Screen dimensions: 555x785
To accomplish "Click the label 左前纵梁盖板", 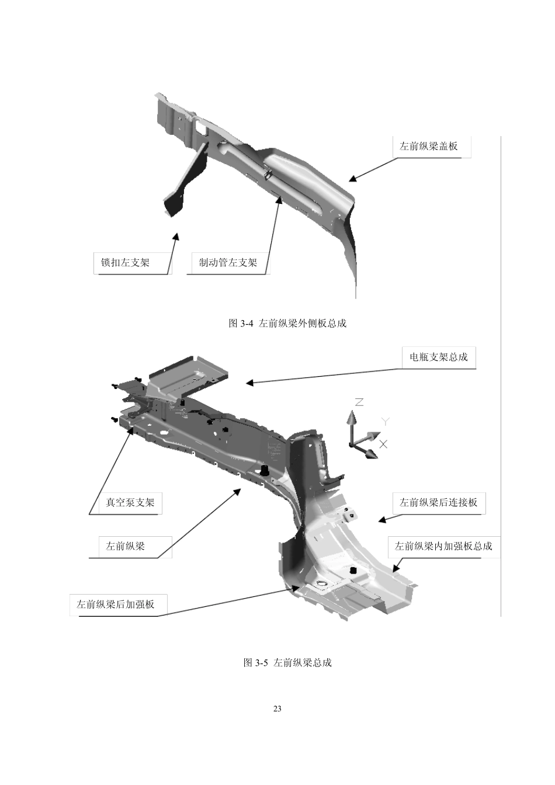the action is click(x=428, y=146).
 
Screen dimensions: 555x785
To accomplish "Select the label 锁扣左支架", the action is click(x=125, y=262).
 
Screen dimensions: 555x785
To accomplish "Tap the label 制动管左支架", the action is click(x=228, y=262).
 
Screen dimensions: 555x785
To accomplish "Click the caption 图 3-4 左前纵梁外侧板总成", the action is click(x=287, y=323).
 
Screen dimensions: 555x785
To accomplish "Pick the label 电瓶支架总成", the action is click(x=439, y=357).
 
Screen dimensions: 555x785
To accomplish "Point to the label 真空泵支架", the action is click(x=130, y=502).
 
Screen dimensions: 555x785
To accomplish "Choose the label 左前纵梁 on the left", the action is click(x=125, y=546).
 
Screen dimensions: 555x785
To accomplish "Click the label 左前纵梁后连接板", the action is click(x=438, y=502).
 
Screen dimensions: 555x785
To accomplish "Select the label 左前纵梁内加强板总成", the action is click(x=443, y=546).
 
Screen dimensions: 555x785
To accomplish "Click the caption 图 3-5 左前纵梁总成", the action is click(x=287, y=663).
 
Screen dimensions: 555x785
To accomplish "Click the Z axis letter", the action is click(x=359, y=402).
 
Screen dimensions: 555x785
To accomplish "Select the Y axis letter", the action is click(x=386, y=422).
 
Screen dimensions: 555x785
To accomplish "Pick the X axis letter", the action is click(x=384, y=444).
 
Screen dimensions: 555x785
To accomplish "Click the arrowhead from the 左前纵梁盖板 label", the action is click(x=352, y=178).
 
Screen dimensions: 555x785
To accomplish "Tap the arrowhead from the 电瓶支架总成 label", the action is click(x=249, y=383).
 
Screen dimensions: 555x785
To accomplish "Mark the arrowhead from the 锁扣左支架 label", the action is click(x=176, y=237).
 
